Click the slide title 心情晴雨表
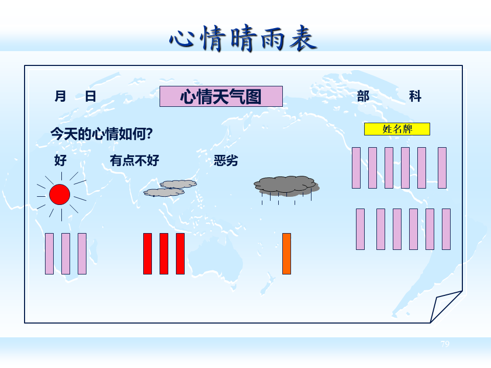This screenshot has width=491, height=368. pos(243,38)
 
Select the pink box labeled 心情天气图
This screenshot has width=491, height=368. pos(221,96)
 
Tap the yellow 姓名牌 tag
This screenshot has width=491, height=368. pos(397,129)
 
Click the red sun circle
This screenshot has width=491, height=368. pos(59,195)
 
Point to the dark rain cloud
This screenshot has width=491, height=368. pos(285,186)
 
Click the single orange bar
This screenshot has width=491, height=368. pos(286,254)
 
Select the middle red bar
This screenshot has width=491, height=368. pos(164,254)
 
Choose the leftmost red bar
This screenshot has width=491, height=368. pos(147,254)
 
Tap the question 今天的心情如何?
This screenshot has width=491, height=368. pos(102,134)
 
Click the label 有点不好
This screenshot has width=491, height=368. pos(135,160)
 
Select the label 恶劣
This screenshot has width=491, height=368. pos(226,160)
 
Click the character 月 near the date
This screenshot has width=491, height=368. pos(60,96)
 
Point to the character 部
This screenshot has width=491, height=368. pos(363,96)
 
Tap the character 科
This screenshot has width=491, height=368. pos(415,96)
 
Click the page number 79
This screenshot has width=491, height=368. pos(445,344)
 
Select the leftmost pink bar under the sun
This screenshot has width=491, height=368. pos(49,254)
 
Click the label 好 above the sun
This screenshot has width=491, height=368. pos(60,160)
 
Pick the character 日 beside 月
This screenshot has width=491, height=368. pos(91,96)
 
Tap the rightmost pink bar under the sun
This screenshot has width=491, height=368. pos(82,254)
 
